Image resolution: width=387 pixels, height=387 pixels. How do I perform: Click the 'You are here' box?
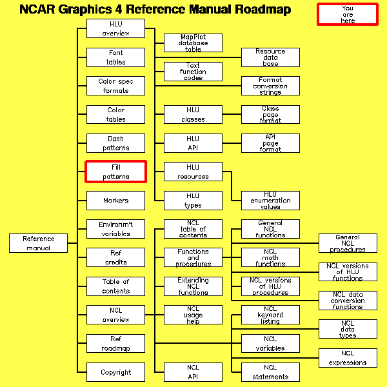[x=348, y=14]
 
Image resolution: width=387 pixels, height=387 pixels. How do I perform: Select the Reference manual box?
[x=39, y=243]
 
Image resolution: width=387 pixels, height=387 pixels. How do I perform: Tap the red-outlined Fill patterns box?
[x=116, y=172]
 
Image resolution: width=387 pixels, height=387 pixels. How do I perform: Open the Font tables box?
[x=116, y=57]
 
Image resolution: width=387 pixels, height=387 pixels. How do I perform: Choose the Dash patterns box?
[x=116, y=143]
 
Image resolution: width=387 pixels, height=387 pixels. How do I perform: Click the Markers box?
[x=116, y=201]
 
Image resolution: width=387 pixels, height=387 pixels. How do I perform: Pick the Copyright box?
[x=116, y=372]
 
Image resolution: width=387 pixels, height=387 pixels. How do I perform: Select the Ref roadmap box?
[x=116, y=343]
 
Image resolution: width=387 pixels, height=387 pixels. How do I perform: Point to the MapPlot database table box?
[x=193, y=43]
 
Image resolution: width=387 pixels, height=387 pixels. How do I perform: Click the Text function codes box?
[x=193, y=72]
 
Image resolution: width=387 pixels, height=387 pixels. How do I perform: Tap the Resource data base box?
[x=270, y=57]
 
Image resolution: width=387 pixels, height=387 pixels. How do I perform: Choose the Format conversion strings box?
[x=270, y=86]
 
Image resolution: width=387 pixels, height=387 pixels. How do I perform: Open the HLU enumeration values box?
[x=270, y=201]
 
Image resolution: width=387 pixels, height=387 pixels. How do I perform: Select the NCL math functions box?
[x=270, y=257]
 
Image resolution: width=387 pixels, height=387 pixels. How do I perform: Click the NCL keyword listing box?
[x=270, y=315]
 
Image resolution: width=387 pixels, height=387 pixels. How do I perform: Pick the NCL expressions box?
[x=348, y=358]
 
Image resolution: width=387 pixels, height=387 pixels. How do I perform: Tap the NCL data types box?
[x=348, y=329]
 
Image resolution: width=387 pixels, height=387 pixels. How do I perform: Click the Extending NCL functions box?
[x=193, y=286]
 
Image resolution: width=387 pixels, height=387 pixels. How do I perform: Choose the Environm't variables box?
[x=116, y=229]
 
